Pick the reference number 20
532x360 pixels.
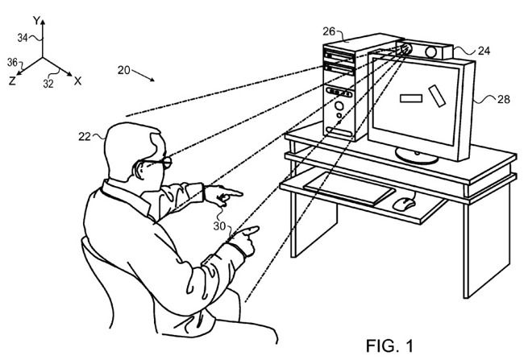click(123, 70)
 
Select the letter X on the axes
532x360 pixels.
click(77, 81)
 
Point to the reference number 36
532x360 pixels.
click(10, 61)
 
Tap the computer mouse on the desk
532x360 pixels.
click(403, 202)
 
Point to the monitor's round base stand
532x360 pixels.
click(416, 158)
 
